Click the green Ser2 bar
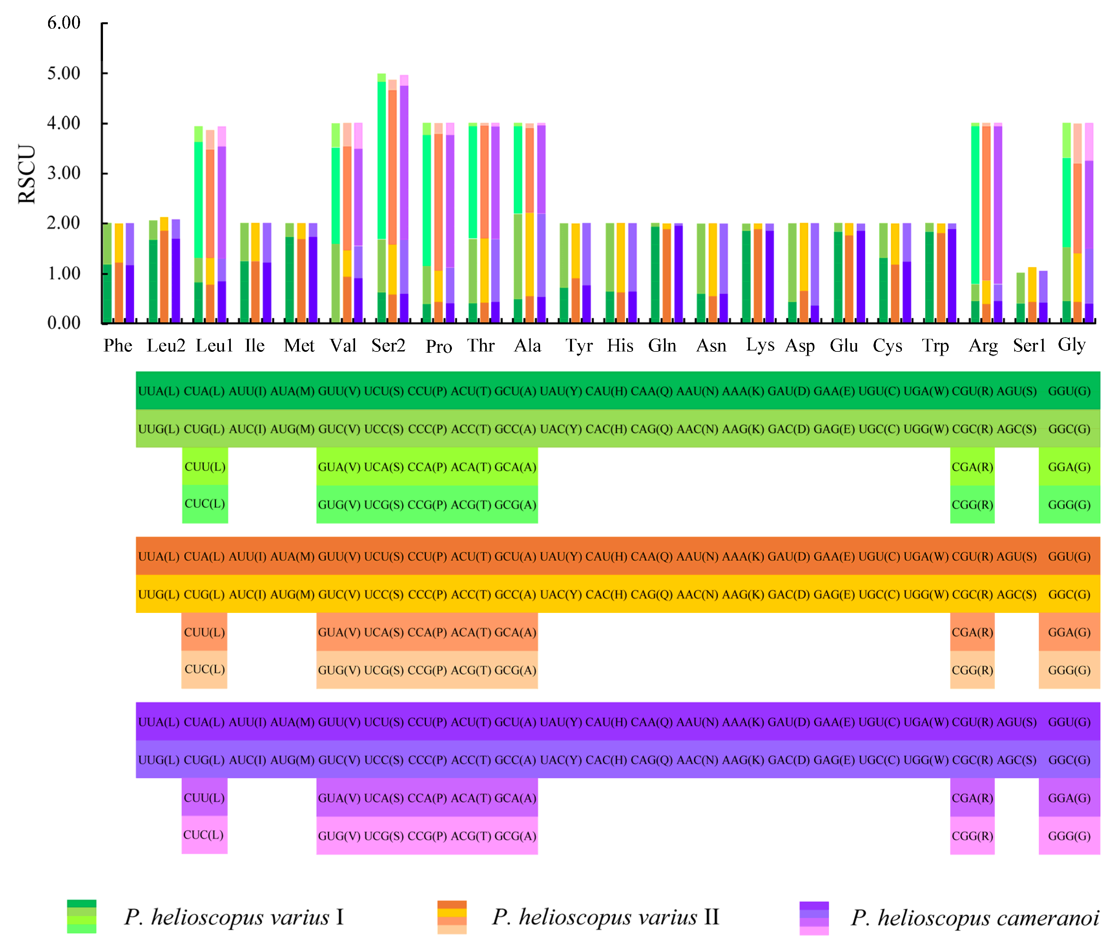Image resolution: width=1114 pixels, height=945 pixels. [382, 198]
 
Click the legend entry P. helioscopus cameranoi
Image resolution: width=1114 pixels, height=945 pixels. [974, 918]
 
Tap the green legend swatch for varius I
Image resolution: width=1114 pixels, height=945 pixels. [81, 917]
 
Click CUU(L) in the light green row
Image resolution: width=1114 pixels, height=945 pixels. [205, 467]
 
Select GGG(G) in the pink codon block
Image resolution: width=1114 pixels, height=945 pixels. [1069, 836]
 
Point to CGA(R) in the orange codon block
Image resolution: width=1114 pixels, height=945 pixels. [972, 632]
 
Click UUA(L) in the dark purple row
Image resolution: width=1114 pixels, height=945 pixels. [158, 722]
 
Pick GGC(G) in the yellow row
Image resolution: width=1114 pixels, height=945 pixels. [1069, 594]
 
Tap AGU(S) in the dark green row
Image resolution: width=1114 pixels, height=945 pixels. [1016, 391]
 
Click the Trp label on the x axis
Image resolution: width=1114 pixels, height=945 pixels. [935, 346]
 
